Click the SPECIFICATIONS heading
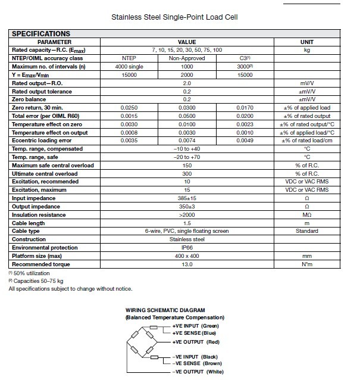[40, 34]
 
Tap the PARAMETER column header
[54, 42]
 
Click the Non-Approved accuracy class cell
[187, 58]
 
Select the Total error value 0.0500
[187, 116]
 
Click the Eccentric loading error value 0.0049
[246, 140]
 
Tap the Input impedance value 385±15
[187, 198]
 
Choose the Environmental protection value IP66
[187, 247]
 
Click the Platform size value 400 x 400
[187, 256]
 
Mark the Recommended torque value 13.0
[187, 264]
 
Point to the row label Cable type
[26, 231]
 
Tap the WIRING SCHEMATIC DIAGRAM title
[165, 310]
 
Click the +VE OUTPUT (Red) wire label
[196, 342]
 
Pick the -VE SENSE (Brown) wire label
[198, 363]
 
